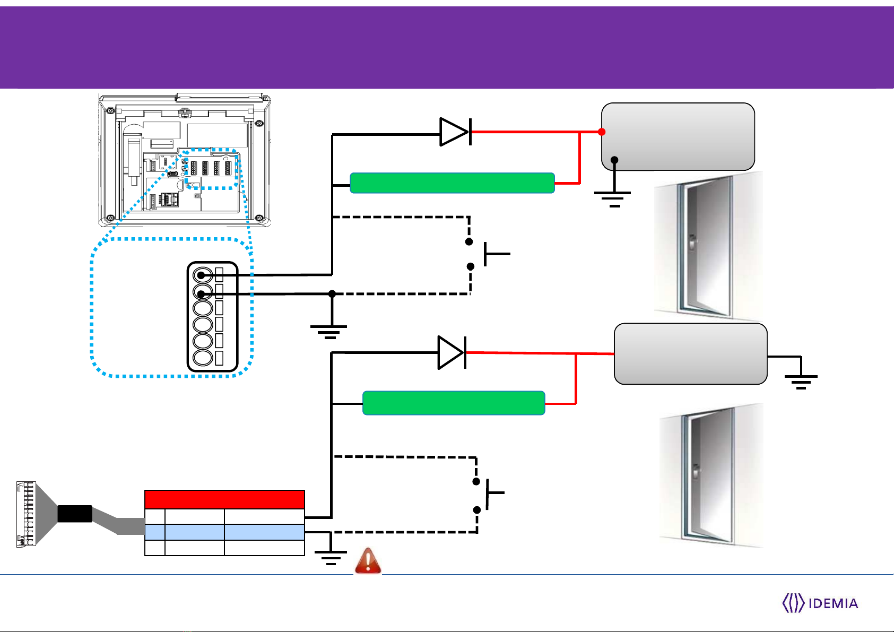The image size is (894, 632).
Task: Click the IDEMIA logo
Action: click(x=820, y=603)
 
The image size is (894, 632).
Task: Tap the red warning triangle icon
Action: click(x=368, y=560)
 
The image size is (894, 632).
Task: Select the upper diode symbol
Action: click(x=455, y=132)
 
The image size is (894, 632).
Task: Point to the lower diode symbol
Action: click(x=452, y=352)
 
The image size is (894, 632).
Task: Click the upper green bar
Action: click(x=452, y=183)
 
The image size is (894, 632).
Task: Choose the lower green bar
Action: click(x=454, y=403)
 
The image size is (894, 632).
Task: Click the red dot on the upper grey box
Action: click(x=602, y=132)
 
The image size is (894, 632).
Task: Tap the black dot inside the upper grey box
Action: click(x=614, y=160)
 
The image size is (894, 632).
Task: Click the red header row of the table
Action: click(x=225, y=499)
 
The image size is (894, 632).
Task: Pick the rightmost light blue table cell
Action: click(x=265, y=532)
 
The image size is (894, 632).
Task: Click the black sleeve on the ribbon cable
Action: click(x=75, y=514)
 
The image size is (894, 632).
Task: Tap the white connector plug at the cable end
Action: click(x=26, y=514)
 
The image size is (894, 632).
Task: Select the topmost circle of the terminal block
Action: click(x=202, y=275)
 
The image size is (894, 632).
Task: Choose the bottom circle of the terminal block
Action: click(x=202, y=358)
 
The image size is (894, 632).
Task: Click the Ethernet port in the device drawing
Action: click(x=169, y=199)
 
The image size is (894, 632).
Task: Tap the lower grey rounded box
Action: click(x=690, y=354)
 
